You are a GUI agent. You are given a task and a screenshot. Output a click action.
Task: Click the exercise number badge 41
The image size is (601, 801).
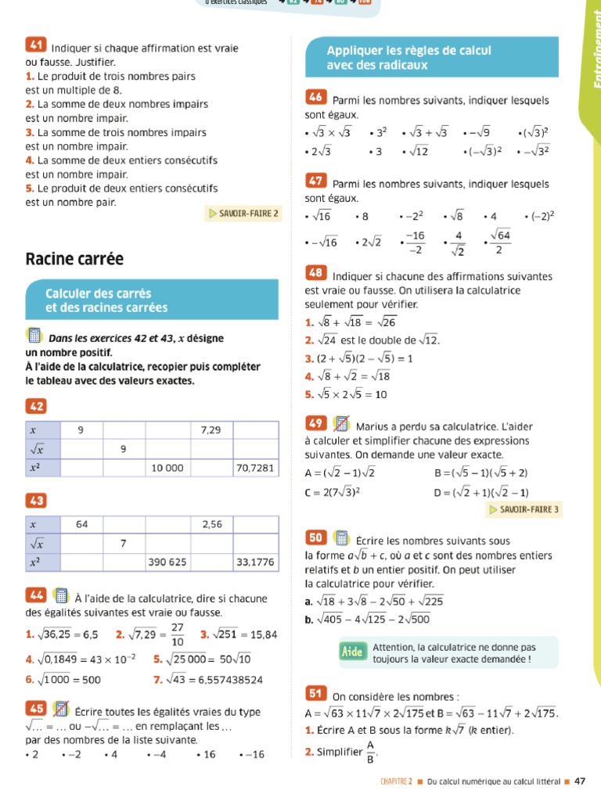[36, 45]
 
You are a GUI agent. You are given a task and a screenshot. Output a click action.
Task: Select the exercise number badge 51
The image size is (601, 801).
[315, 694]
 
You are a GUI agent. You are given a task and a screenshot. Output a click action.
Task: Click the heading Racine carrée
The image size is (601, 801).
[74, 258]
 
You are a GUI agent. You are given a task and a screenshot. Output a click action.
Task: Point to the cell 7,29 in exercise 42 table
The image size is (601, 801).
[211, 430]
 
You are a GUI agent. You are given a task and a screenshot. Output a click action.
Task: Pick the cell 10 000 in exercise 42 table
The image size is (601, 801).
[167, 468]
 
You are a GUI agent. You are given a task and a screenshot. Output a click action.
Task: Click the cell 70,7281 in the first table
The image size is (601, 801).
[254, 468]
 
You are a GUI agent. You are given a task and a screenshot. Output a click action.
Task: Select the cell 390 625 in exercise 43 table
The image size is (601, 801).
[167, 562]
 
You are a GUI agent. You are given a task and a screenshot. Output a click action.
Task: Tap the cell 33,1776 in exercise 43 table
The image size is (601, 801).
[254, 562]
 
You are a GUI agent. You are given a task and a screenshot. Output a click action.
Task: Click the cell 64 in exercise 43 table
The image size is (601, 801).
[82, 524]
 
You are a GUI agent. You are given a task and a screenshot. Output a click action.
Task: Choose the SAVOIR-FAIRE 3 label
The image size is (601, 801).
[524, 509]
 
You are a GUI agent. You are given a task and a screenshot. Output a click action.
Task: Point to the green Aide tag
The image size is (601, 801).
[353, 651]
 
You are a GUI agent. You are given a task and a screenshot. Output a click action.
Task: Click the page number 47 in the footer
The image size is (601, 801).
[580, 781]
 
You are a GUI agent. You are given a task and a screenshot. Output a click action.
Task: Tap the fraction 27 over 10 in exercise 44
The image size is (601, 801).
[177, 634]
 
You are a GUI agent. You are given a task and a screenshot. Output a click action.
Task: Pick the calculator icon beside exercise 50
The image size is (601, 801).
[341, 538]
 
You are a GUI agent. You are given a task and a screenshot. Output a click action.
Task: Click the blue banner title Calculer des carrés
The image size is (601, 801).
[98, 293]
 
